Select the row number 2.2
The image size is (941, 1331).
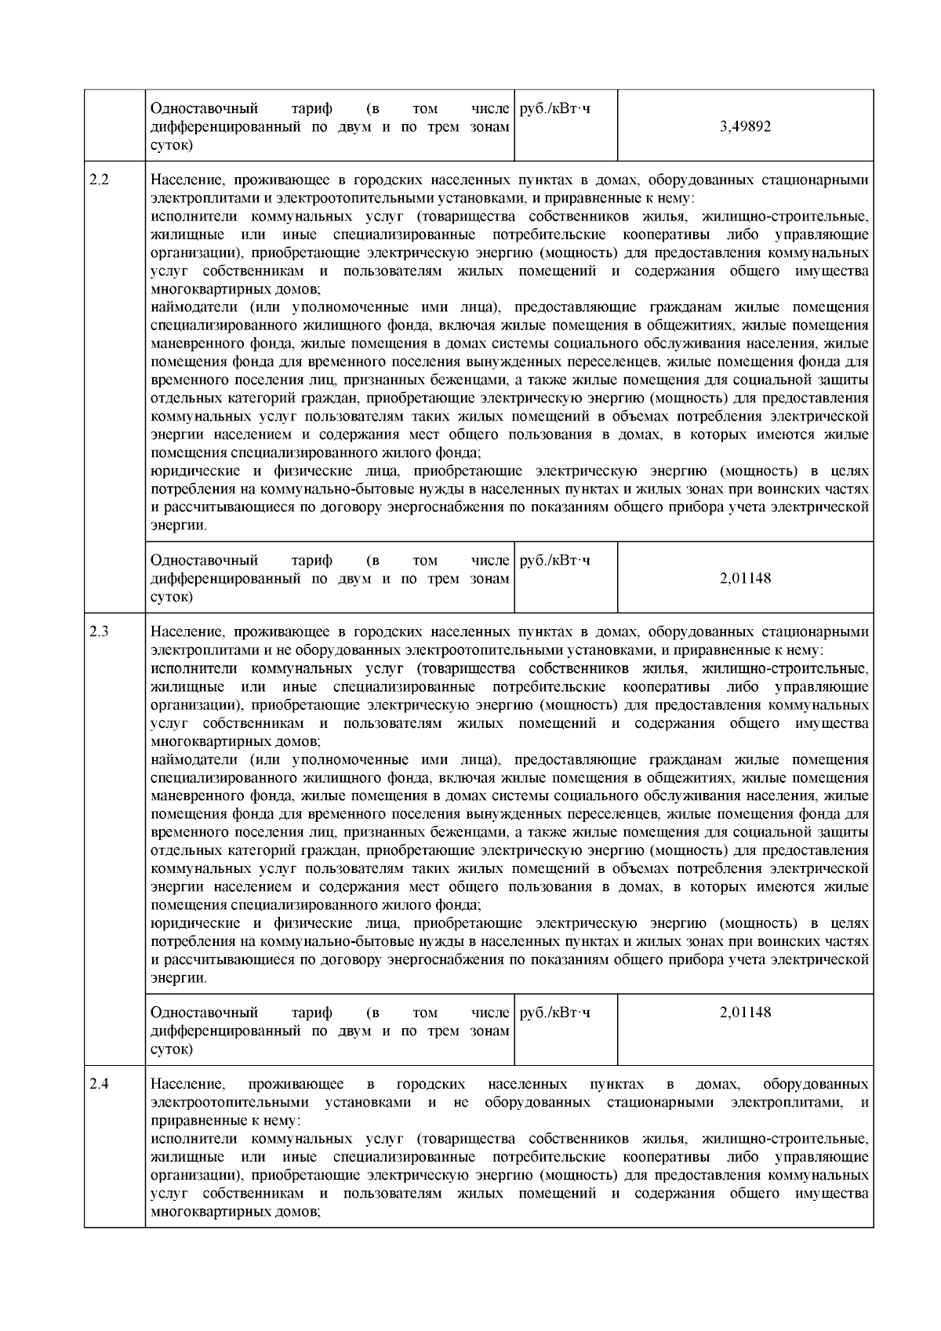[x=99, y=180]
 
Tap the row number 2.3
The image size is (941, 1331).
[x=99, y=632]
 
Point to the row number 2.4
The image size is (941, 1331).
[x=99, y=1084]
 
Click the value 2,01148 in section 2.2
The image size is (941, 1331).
[x=745, y=578]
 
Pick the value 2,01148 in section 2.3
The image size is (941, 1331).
[x=745, y=1012]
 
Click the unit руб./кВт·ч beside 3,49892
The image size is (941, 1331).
[x=555, y=108]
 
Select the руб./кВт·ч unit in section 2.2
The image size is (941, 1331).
[x=555, y=560]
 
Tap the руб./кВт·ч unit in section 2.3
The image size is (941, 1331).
[x=555, y=1012]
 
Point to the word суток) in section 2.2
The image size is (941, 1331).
[x=172, y=596]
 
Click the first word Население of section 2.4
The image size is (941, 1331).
[x=187, y=1084]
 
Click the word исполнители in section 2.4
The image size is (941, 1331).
[x=189, y=1139]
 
